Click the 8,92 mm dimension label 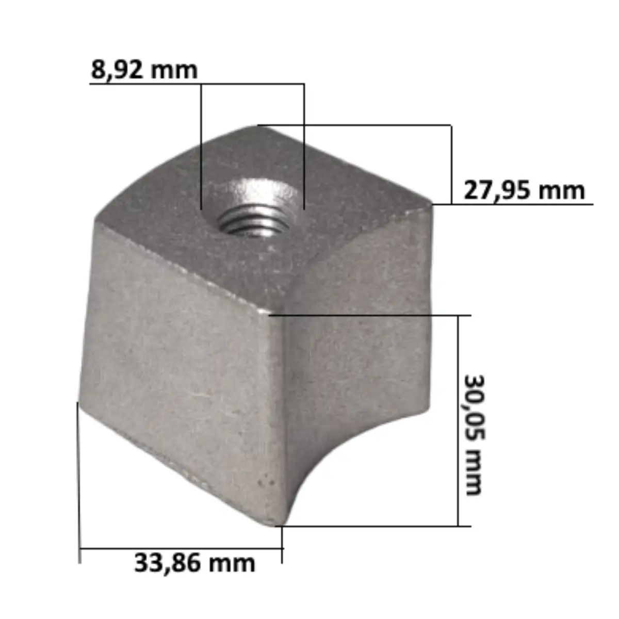coord(144,70)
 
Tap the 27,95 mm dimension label coord(524,190)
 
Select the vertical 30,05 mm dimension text coord(474,434)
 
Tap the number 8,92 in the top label coord(118,70)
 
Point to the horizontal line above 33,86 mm coord(181,549)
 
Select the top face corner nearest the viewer coord(269,313)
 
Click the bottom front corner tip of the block coord(276,524)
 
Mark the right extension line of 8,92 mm coord(304,144)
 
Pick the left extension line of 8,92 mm coord(201,144)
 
